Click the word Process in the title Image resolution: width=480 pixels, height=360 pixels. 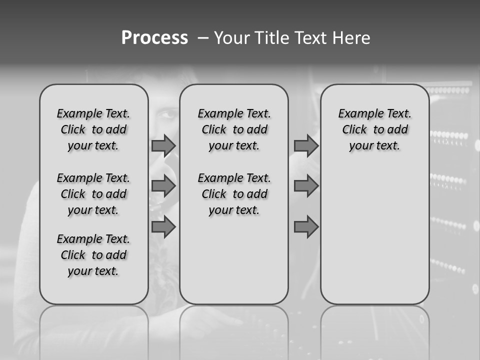pos(154,38)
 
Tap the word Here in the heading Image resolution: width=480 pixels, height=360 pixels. pos(350,38)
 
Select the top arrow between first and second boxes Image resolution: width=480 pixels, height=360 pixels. pos(163,145)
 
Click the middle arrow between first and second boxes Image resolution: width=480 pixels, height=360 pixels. pos(163,186)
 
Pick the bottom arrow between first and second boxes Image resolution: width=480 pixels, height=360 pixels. pos(163,227)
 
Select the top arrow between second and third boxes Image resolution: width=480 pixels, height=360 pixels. pos(306,145)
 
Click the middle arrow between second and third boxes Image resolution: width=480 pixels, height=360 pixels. pos(306,186)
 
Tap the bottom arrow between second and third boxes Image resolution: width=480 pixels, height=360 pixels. pos(306,227)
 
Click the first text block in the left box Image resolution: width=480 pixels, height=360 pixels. pos(93,129)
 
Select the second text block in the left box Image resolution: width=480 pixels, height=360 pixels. pos(93,194)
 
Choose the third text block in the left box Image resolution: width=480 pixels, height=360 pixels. pos(93,255)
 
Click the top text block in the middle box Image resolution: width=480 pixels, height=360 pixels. pos(234,129)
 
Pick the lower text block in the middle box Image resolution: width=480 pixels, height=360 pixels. pos(234,194)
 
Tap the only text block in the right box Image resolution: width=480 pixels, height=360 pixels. pos(374,129)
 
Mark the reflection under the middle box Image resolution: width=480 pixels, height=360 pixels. pos(234,325)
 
